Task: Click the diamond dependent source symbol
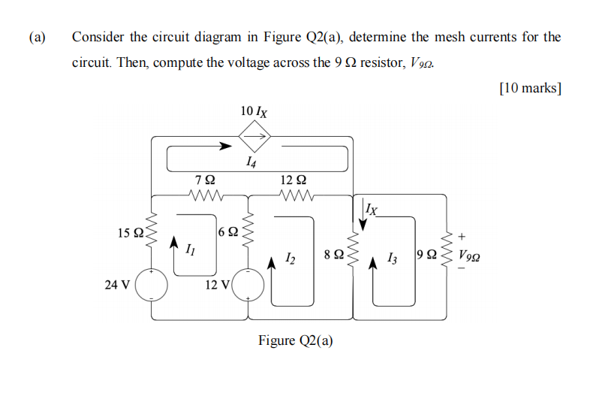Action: coord(254,137)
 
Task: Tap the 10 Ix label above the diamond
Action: coord(254,111)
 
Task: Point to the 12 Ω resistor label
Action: coord(293,180)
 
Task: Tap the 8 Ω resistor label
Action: coord(335,255)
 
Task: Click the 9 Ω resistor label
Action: coord(427,255)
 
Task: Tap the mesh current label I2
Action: coord(290,259)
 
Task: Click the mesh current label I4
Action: coord(251,160)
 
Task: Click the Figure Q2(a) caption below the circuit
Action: coord(296,340)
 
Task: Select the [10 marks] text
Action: coord(530,88)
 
